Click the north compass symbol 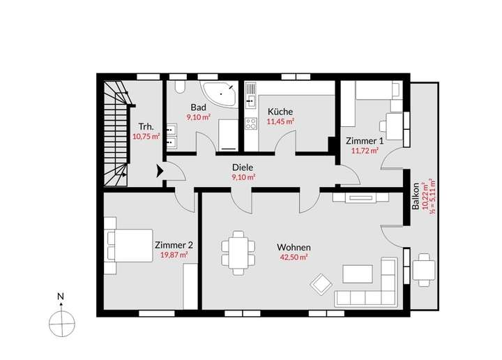[x=61, y=322]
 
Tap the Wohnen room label [x=293, y=248]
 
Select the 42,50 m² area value [x=293, y=257]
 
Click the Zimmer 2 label [x=173, y=245]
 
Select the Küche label [x=280, y=112]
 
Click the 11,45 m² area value [x=280, y=121]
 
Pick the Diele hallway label [x=243, y=167]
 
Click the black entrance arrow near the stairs [x=160, y=169]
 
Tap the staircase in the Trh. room [x=116, y=133]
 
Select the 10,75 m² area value [x=146, y=137]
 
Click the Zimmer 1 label [x=364, y=140]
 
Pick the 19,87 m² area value [x=173, y=255]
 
